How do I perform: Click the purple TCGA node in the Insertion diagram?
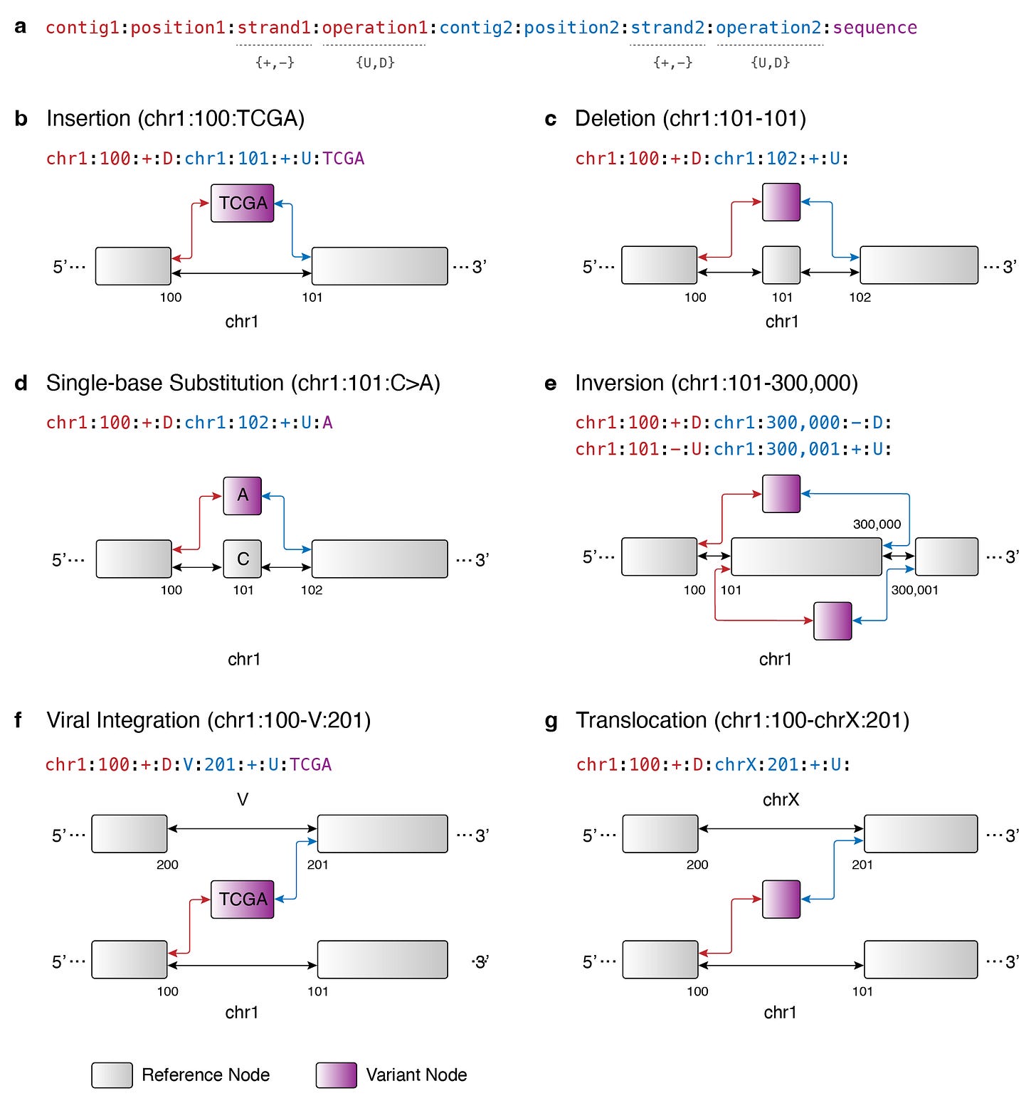tap(243, 204)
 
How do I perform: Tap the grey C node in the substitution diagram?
tap(243, 559)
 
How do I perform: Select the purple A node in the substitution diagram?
tap(243, 495)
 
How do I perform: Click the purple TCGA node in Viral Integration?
tap(243, 899)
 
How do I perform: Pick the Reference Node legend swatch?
tap(112, 1075)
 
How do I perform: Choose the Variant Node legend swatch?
tap(336, 1075)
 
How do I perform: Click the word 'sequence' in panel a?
tap(874, 28)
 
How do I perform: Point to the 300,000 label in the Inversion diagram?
tap(877, 524)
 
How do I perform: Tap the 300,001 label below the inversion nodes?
tap(914, 590)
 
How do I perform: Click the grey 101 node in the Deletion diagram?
tap(781, 265)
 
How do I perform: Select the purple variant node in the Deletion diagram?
tap(781, 202)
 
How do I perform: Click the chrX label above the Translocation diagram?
tap(781, 800)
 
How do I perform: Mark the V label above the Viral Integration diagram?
tap(243, 800)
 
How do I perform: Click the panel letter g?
tap(551, 721)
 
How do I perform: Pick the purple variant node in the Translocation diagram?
tap(781, 899)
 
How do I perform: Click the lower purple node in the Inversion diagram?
tap(832, 621)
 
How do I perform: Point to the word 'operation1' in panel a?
tap(375, 28)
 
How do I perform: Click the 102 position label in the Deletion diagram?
tap(860, 297)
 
